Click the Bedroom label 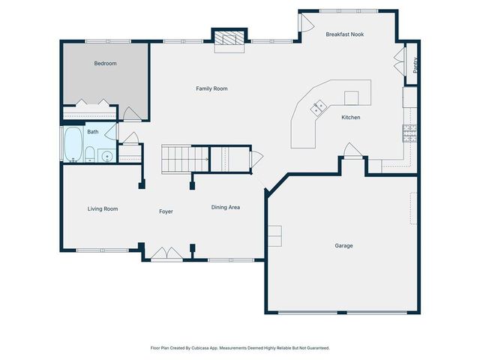pos(105,63)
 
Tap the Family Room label pos(211,88)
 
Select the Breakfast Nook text pos(345,34)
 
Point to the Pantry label pos(415,65)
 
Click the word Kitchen pos(351,117)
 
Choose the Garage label pos(343,245)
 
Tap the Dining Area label pos(226,207)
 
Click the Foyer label pos(166,211)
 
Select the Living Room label pos(103,208)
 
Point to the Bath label pos(93,132)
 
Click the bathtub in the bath pos(73,145)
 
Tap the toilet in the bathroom pos(90,154)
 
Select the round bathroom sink pos(107,157)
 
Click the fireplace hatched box pos(229,37)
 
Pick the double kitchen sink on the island pos(318,108)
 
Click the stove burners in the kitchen pos(409,133)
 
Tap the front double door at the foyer pos(166,254)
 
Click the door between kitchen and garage pos(352,150)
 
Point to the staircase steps pos(185,159)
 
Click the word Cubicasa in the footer pos(200,348)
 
